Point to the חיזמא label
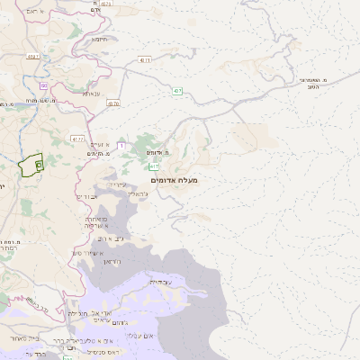(101, 39)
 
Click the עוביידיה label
(160, 282)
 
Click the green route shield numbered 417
(154, 166)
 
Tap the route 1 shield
(121, 133)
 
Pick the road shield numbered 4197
(33, 56)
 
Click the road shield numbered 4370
(112, 103)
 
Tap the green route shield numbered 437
(178, 90)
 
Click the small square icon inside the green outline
(39, 165)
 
